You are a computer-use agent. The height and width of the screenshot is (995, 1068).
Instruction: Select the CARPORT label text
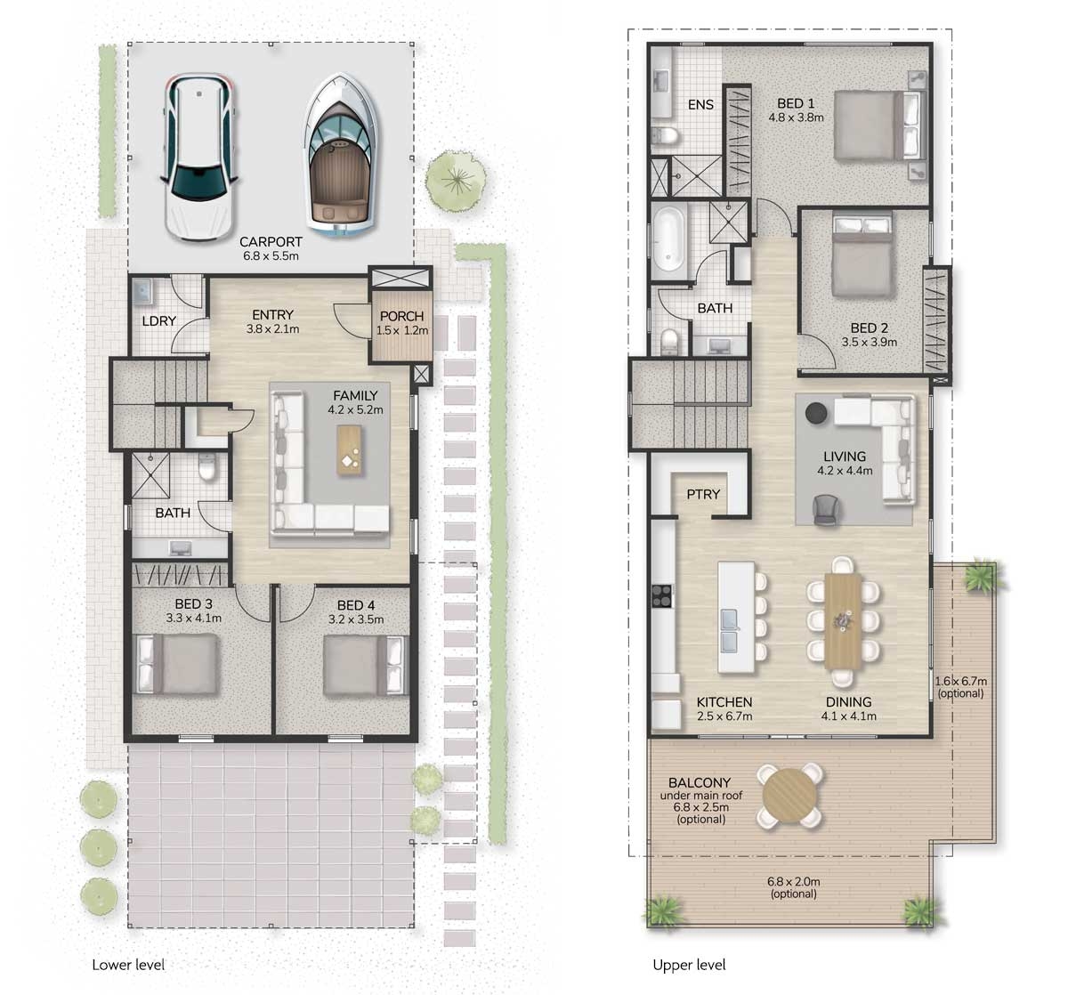pos(271,241)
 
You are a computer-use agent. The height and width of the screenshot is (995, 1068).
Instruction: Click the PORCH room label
pos(401,316)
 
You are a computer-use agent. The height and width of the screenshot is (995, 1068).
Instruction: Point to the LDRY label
pos(158,321)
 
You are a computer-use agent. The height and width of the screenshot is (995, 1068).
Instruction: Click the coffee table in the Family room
pos(350,448)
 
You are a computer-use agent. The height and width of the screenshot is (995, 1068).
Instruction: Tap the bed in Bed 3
pos(177,664)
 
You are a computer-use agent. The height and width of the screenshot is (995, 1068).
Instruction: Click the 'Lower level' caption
pos(128,965)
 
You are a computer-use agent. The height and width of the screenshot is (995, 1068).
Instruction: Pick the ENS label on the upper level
pos(700,104)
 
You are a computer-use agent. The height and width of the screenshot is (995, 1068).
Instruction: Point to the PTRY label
pos(703,494)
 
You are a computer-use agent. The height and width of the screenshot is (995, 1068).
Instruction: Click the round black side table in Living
pos(815,412)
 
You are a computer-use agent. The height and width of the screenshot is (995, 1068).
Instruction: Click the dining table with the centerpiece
pos(842,619)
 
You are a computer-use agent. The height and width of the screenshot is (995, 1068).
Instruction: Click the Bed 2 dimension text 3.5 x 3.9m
pos(869,341)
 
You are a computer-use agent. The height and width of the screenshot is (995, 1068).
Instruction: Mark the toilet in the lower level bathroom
pos(207,467)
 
